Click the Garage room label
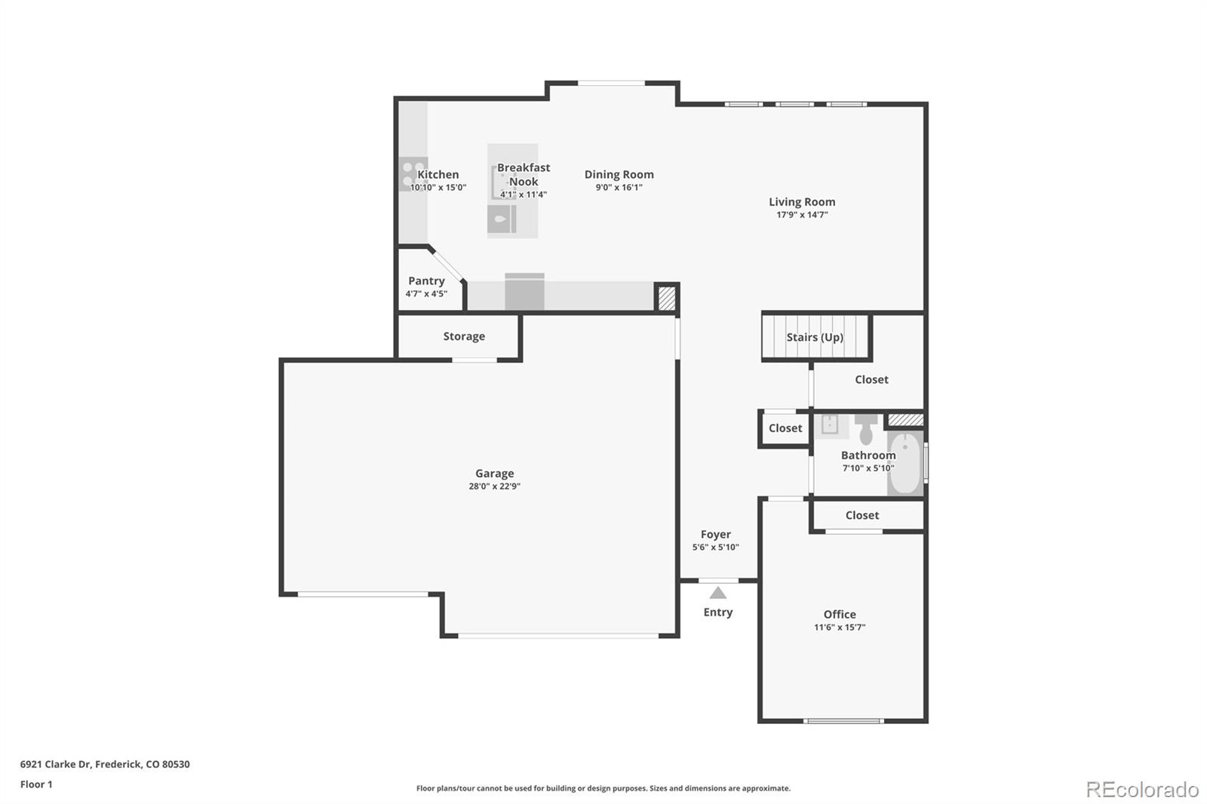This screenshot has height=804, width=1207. (494, 474)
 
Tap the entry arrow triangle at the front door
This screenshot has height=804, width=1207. (718, 594)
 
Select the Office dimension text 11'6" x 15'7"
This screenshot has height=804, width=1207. (839, 628)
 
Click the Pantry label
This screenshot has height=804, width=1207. (426, 281)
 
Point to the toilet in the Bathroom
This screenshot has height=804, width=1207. (866, 432)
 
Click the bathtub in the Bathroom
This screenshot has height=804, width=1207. (904, 462)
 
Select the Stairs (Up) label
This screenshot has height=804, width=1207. (815, 337)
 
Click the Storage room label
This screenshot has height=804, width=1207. (464, 336)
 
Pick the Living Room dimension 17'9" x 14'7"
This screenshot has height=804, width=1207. (802, 215)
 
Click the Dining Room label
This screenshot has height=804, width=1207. (619, 174)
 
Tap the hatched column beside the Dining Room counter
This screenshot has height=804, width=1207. (666, 297)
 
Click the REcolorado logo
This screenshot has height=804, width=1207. (1141, 790)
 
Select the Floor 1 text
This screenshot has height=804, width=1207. (36, 784)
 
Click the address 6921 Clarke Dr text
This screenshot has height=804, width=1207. (105, 764)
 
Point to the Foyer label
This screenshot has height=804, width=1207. (715, 534)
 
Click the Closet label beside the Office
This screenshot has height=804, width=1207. (861, 515)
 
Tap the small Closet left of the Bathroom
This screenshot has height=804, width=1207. (785, 428)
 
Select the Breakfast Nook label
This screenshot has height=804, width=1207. (524, 174)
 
